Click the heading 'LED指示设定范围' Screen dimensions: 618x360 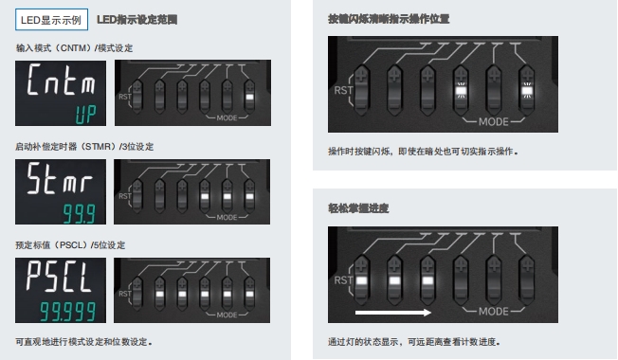click(136, 19)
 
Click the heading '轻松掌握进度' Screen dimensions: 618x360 click(360, 207)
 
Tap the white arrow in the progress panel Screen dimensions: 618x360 click(391, 311)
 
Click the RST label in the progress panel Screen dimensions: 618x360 click(339, 279)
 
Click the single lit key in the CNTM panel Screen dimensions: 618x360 click(250, 95)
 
